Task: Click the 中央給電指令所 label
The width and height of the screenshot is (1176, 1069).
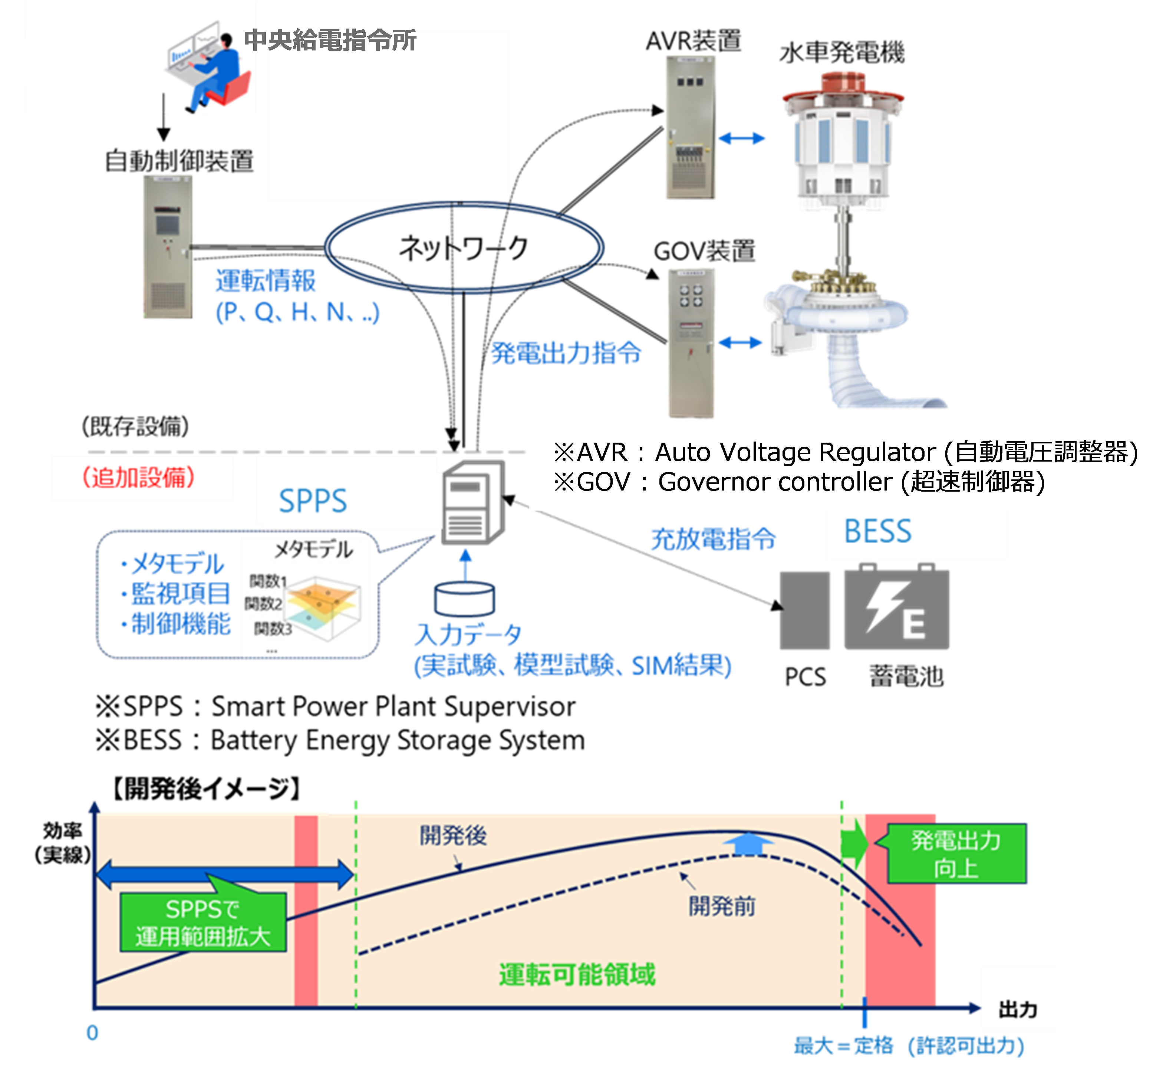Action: pos(330,40)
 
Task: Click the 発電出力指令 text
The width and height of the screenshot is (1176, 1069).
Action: pos(566,353)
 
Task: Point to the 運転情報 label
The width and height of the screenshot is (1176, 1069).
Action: pos(266,281)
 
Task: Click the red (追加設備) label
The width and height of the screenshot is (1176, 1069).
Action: pos(139,477)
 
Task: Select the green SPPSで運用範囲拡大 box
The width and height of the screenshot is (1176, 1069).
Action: pos(203,922)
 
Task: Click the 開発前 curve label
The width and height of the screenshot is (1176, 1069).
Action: pos(722,906)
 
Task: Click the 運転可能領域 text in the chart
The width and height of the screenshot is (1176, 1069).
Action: pos(577,974)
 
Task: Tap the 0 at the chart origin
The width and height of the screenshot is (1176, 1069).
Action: pos(92,1033)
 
